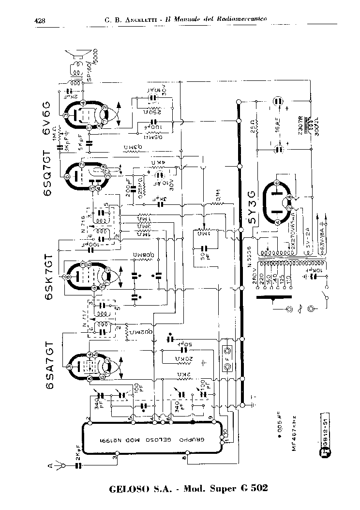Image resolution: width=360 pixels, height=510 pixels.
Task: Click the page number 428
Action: point(40,20)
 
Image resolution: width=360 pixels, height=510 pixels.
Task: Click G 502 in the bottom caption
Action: point(249,488)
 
